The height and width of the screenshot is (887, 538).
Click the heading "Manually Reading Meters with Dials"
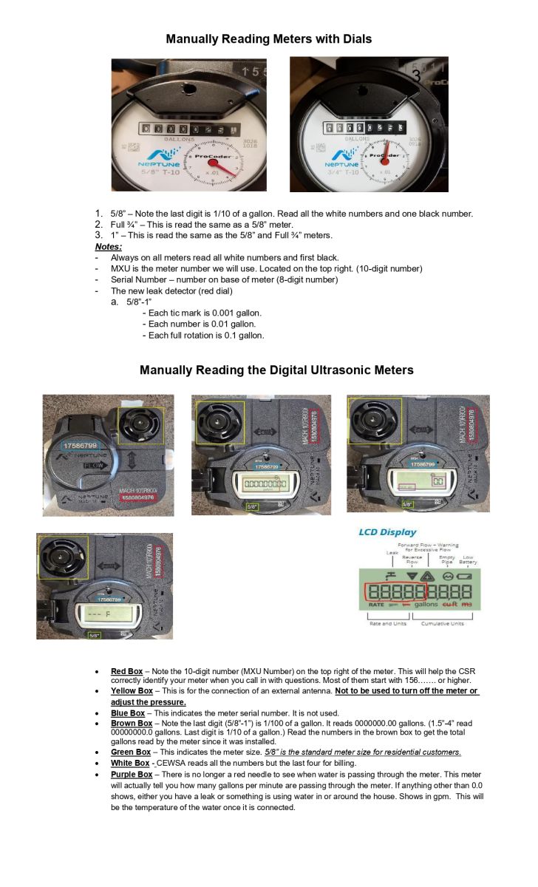click(268, 38)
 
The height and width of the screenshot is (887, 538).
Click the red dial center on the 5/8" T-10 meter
click(213, 163)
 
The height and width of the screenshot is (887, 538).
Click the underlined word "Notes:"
click(109, 246)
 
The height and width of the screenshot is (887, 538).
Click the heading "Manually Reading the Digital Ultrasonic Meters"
click(276, 370)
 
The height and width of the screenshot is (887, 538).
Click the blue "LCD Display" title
click(387, 532)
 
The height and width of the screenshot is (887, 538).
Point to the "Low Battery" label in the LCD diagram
click(467, 559)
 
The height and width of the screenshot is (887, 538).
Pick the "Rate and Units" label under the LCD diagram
click(385, 624)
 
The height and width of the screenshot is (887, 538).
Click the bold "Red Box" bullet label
click(126, 670)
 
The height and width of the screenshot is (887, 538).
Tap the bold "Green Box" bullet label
click(131, 752)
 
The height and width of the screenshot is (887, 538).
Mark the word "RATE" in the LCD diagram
click(375, 604)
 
